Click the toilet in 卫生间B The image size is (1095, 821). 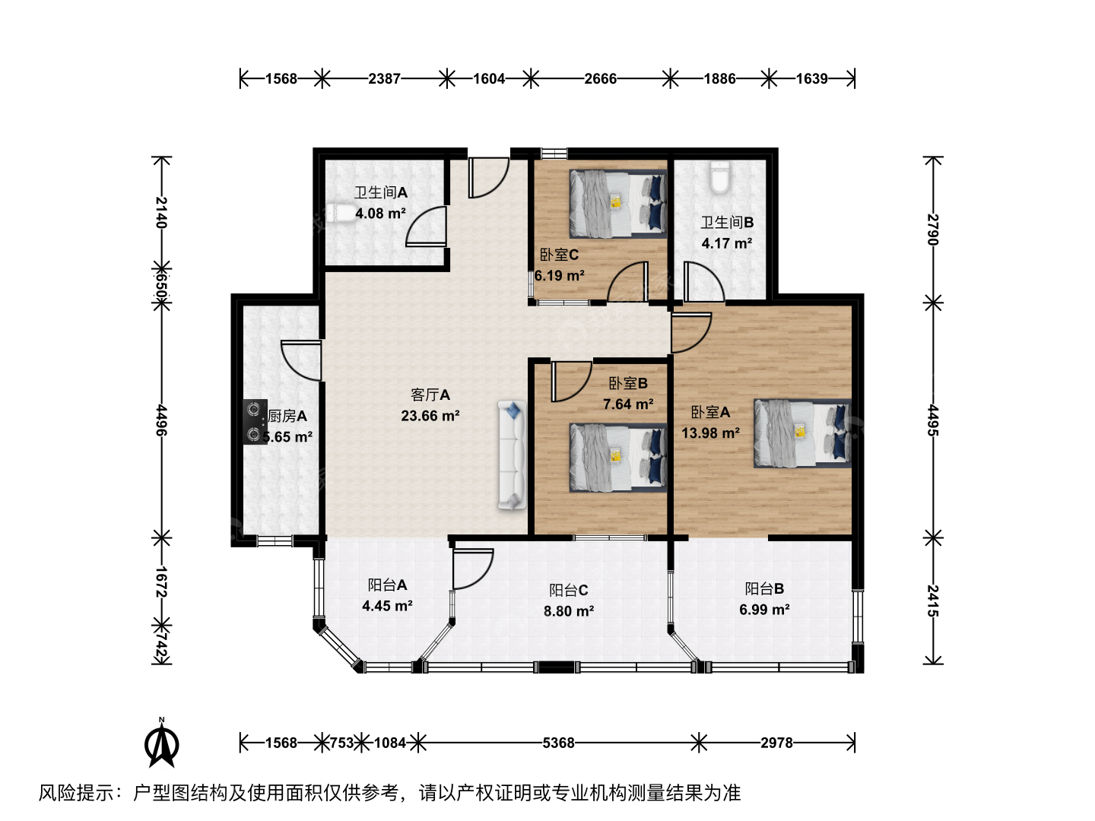720,176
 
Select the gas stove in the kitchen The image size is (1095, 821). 255,422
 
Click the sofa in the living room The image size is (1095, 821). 512,455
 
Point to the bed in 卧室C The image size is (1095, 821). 618,204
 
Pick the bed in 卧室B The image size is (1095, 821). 618,458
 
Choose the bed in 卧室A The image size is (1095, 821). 802,433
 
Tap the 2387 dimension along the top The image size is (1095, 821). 384,79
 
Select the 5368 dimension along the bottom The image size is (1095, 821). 558,743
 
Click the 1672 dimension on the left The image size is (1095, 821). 162,582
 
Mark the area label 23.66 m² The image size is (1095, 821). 430,416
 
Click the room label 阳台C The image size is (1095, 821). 569,590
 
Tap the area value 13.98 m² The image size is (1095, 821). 710,433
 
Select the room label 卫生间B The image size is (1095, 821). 727,222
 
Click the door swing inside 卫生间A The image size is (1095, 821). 426,227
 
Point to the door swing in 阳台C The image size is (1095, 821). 473,569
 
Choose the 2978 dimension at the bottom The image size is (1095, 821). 776,743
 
